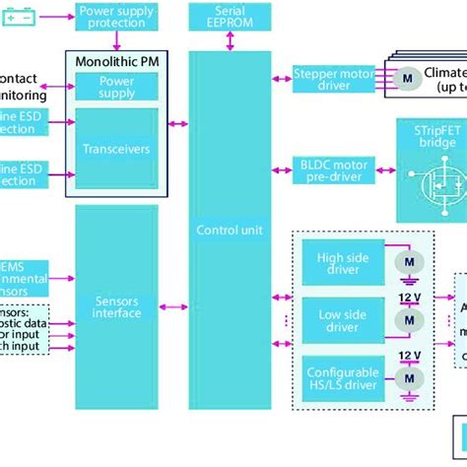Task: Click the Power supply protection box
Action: (x=116, y=16)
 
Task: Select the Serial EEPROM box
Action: (x=230, y=16)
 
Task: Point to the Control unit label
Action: (x=230, y=229)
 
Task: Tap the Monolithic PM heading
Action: (x=116, y=62)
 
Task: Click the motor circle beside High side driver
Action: (x=405, y=261)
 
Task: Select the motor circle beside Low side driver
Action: (x=405, y=321)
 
